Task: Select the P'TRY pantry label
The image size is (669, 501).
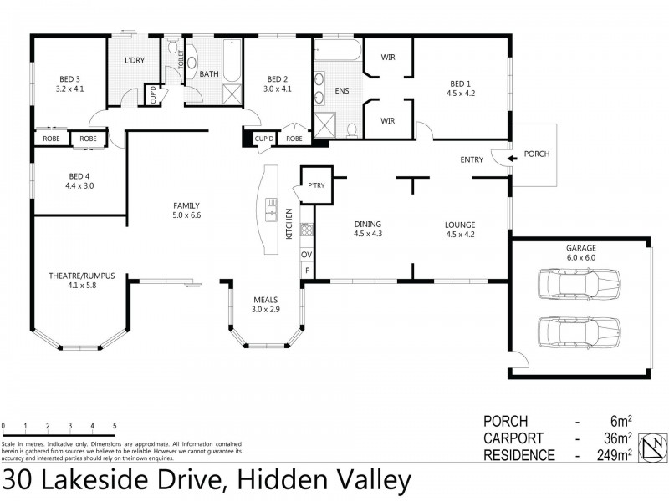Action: coord(316,185)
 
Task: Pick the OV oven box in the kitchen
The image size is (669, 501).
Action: coord(307,255)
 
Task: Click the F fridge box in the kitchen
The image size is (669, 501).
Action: coord(307,271)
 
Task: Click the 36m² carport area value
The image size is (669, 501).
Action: coord(617,438)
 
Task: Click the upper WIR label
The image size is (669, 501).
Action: coord(387,57)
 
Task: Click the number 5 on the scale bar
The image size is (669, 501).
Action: coord(114,426)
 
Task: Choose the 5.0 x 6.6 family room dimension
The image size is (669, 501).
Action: coord(186,215)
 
